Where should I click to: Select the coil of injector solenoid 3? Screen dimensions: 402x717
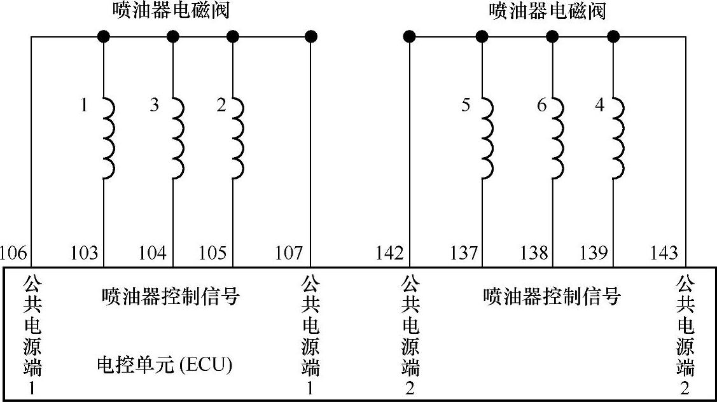point(178,137)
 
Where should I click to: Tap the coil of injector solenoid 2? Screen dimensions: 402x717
point(239,137)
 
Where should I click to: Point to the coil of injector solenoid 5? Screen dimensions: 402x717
point(487,137)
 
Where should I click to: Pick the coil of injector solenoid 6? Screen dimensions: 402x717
point(557,137)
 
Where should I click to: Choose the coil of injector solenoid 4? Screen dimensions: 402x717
point(618,137)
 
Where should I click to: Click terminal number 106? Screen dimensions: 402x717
point(14,253)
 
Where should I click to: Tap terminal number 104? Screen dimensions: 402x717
point(153,253)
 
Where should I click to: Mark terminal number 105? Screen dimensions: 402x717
point(212,253)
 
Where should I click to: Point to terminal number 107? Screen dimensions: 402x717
point(289,253)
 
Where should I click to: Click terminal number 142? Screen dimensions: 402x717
point(389,253)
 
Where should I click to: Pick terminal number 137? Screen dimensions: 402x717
point(463,253)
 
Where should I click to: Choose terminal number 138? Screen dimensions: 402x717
point(533,253)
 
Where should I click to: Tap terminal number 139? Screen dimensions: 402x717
point(594,253)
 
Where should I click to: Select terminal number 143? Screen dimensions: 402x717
point(664,253)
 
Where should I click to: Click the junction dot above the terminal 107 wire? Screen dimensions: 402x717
point(311,36)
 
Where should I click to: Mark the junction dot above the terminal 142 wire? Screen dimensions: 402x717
point(409,36)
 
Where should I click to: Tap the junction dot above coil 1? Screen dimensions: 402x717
point(104,36)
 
